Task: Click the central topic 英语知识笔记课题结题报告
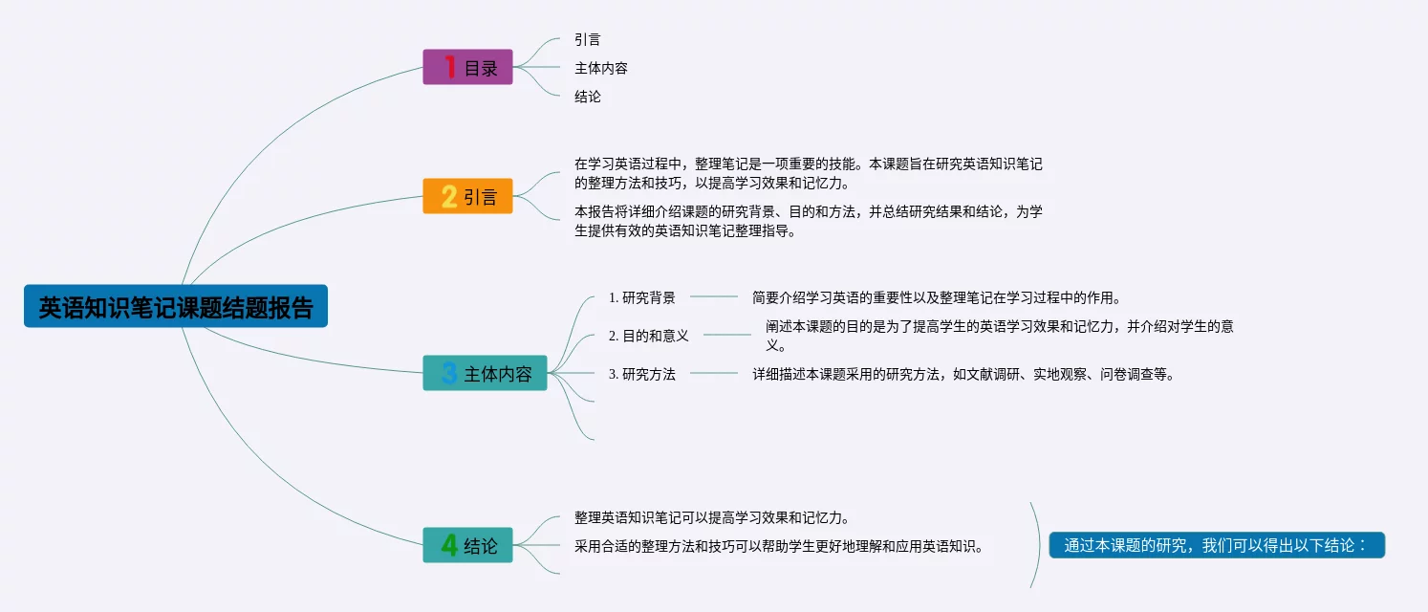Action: [x=176, y=307]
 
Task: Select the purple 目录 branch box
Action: [x=467, y=67]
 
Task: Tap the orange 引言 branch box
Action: [x=467, y=196]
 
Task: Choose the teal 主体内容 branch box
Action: [x=485, y=373]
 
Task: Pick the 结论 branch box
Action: [x=467, y=545]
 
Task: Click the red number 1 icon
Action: [x=449, y=67]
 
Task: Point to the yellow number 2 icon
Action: [x=449, y=196]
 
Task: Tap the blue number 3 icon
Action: [x=449, y=373]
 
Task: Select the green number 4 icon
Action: [x=449, y=545]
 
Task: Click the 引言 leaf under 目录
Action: [x=588, y=39]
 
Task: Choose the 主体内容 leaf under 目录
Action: [x=601, y=68]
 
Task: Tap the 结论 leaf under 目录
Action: [x=588, y=97]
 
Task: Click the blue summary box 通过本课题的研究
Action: [x=1217, y=545]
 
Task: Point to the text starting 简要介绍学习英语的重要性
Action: [x=936, y=297]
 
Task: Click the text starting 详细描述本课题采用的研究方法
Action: [x=963, y=374]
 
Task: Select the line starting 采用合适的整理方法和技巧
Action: [x=779, y=546]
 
